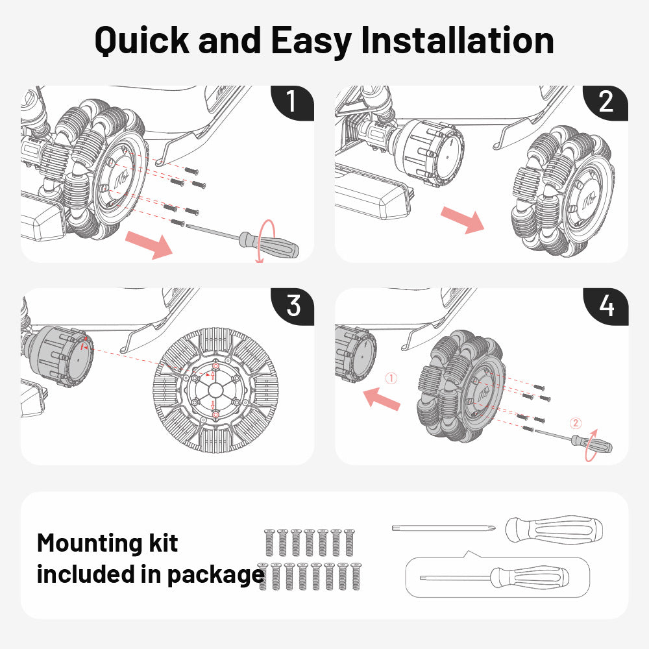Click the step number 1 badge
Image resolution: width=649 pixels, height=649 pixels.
coord(291,102)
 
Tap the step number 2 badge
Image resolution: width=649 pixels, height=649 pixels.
coord(606,102)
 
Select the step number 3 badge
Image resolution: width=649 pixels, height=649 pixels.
coord(293,305)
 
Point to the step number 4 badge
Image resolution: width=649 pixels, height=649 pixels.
coord(606,305)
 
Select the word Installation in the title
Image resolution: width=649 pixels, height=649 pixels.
coord(458,40)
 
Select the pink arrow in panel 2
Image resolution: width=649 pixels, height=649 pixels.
coord(462,219)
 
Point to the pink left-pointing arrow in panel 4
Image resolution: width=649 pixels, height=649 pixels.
coord(382,397)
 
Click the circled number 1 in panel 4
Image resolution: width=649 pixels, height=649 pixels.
coord(391,377)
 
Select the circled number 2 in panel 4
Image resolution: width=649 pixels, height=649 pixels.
coord(576,422)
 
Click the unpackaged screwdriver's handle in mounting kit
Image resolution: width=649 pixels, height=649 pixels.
coord(554,531)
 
